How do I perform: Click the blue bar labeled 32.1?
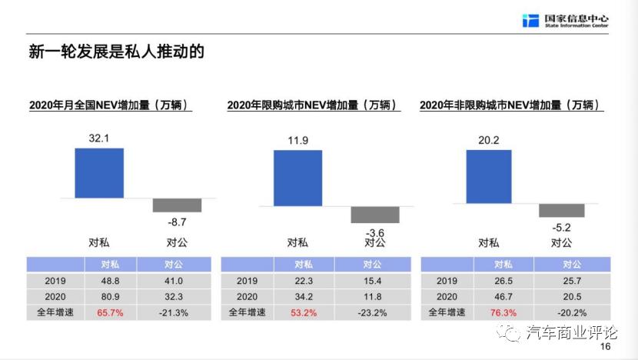tap(99, 173)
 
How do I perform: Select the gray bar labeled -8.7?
tap(177, 205)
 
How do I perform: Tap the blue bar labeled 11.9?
tap(297, 178)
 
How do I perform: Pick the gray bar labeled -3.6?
tap(375, 214)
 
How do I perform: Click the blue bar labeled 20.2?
tap(489, 176)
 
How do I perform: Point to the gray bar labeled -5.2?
tap(562, 210)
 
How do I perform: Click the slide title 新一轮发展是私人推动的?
tap(116, 52)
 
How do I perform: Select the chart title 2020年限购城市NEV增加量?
tap(314, 105)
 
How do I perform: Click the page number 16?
tap(605, 347)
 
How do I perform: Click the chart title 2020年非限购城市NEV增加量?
tap(510, 105)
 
